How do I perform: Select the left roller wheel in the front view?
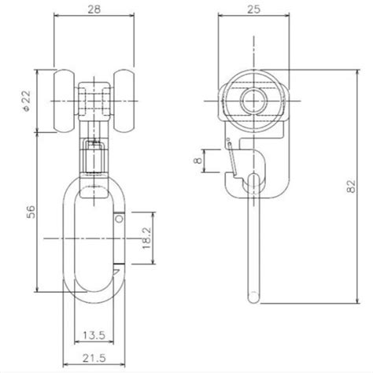click(64, 99)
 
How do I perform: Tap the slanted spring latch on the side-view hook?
click(231, 157)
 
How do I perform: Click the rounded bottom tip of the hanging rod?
click(253, 297)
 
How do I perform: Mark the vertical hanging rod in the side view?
click(253, 244)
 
